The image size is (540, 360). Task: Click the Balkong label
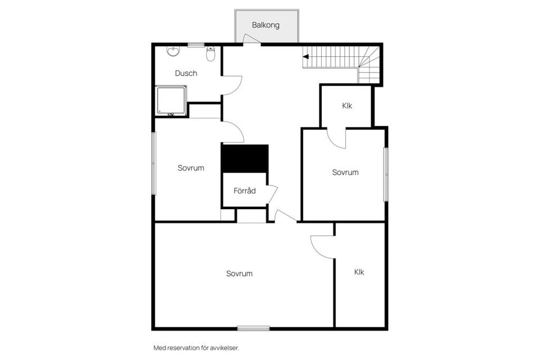[265, 25]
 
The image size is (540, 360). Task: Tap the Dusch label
[186, 73]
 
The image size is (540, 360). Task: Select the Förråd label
[245, 191]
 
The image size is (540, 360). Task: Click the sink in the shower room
[173, 52]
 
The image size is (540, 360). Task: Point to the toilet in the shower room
[211, 54]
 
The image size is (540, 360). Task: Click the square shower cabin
[171, 101]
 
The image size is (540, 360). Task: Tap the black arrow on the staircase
[306, 56]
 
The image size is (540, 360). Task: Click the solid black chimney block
[245, 159]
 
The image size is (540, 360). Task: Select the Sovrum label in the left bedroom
[191, 168]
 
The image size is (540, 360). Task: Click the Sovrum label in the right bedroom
[345, 172]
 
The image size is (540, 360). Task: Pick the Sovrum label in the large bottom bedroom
[239, 273]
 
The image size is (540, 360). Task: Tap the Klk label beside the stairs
[347, 106]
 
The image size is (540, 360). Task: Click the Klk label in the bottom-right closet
[359, 272]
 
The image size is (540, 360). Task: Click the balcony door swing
[251, 38]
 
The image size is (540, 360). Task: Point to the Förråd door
[272, 193]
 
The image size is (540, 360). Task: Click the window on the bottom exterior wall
[253, 328]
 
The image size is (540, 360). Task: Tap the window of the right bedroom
[386, 174]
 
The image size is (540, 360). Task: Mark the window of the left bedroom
[153, 164]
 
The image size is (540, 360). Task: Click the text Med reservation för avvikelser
[196, 348]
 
